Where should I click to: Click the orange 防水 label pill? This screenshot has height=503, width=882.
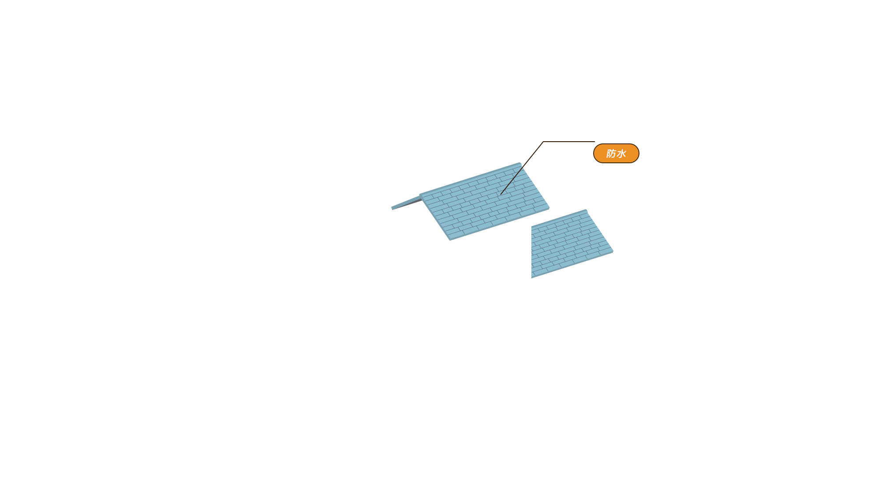(616, 153)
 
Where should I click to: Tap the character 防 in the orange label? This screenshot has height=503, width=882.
(611, 154)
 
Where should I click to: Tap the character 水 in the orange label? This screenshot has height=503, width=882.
(621, 154)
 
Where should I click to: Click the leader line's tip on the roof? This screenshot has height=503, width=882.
(501, 195)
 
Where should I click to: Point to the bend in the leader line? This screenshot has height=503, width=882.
(543, 142)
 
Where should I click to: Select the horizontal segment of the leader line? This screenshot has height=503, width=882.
(569, 142)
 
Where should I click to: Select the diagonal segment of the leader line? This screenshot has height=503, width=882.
(522, 168)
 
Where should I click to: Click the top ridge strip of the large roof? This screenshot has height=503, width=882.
(470, 179)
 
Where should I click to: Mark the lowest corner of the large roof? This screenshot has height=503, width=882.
(450, 240)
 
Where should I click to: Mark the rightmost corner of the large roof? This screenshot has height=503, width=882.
(549, 207)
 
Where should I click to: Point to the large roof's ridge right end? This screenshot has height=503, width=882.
(520, 164)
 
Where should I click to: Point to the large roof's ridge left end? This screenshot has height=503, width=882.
(420, 195)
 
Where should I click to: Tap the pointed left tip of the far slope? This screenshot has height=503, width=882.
(392, 208)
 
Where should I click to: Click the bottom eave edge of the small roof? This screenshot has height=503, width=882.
(572, 265)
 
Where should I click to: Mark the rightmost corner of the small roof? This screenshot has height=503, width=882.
(613, 251)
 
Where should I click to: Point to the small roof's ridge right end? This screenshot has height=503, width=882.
(586, 210)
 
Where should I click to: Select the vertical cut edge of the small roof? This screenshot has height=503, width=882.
(531, 252)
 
